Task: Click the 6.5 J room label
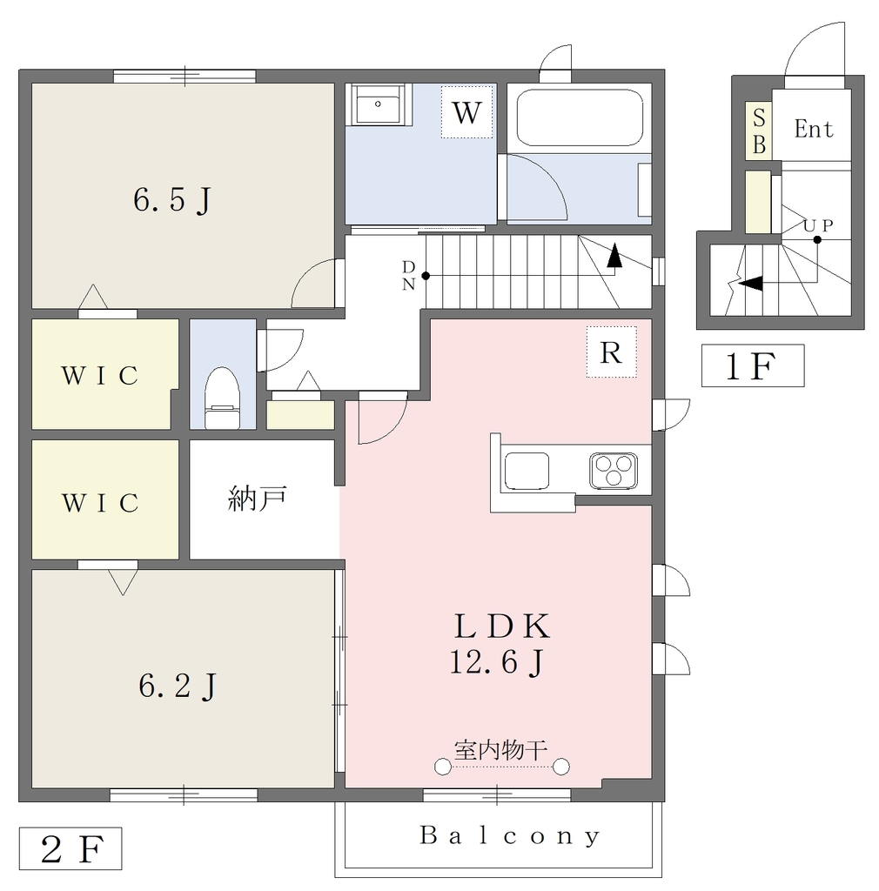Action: (x=172, y=201)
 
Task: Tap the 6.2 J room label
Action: (x=178, y=686)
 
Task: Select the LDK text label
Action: (x=502, y=626)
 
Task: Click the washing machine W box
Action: (x=467, y=112)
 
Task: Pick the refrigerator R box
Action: (x=611, y=352)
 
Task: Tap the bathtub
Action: (x=579, y=117)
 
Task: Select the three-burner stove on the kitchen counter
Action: (x=613, y=471)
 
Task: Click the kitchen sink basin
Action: (x=527, y=471)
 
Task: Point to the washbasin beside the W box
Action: (x=378, y=104)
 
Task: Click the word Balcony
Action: (x=510, y=836)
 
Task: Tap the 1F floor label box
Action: (x=752, y=365)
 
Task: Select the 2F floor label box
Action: (x=70, y=848)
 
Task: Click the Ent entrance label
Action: (x=814, y=129)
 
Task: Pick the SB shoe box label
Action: (x=759, y=131)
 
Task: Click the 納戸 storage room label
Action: (x=257, y=499)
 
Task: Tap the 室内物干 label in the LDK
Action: (x=500, y=750)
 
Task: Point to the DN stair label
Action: (x=408, y=276)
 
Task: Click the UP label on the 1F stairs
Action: (x=818, y=225)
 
